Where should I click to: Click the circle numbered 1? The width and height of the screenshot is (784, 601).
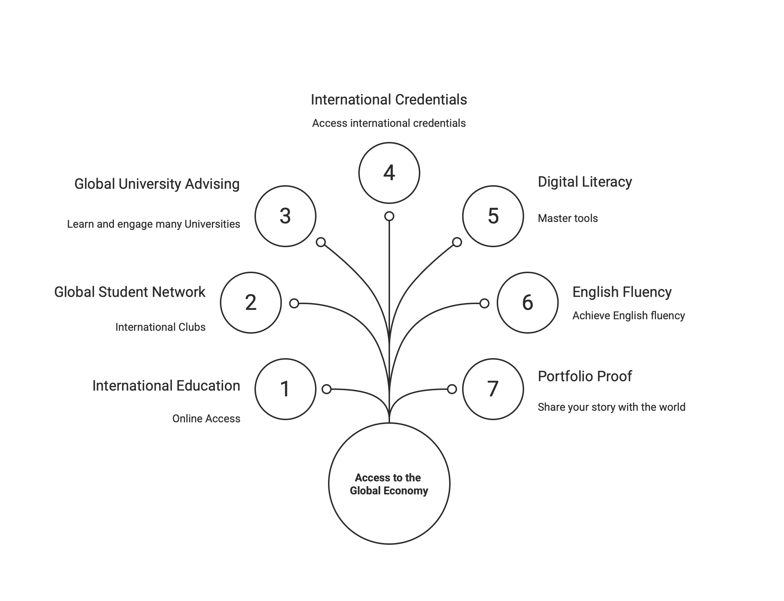click(x=285, y=389)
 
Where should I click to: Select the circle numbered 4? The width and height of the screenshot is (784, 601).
click(x=389, y=173)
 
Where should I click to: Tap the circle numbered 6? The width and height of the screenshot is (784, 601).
click(x=527, y=302)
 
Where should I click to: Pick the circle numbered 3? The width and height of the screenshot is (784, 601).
click(x=285, y=216)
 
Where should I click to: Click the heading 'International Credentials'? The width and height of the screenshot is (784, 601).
click(x=389, y=100)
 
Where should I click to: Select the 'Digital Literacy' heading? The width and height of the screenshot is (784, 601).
click(x=585, y=182)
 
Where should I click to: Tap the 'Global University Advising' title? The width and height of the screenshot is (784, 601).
click(x=157, y=184)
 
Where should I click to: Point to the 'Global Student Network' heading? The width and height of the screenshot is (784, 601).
click(x=130, y=292)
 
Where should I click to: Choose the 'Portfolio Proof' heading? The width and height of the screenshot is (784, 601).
click(x=585, y=377)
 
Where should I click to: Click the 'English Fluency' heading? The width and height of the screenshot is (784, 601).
click(x=622, y=292)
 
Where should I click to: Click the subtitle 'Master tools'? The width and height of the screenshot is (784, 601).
click(x=568, y=218)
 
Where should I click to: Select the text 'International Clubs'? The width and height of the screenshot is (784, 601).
click(x=160, y=327)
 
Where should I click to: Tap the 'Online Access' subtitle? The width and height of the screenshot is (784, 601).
click(x=206, y=419)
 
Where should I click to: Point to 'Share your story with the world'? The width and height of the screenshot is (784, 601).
click(x=611, y=407)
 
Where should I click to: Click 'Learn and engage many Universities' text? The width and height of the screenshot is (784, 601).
click(x=154, y=224)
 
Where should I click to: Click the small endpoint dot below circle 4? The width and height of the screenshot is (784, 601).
click(x=389, y=216)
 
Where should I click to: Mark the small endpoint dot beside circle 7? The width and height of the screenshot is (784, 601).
click(x=452, y=389)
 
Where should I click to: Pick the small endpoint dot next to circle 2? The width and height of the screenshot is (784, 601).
click(x=294, y=303)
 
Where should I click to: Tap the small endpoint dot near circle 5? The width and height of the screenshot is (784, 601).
click(x=457, y=242)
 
